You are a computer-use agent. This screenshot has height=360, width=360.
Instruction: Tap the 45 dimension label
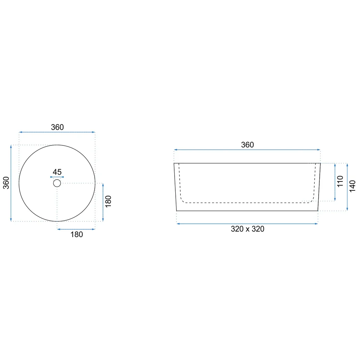57,172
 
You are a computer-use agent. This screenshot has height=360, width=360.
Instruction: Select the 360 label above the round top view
57,127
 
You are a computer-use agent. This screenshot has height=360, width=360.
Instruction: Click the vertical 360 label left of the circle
6,183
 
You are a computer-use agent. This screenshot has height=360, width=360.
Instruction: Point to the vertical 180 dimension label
108,202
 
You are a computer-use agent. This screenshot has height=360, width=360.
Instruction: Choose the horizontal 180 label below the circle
76,234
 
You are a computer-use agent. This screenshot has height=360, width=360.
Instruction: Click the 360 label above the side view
247,145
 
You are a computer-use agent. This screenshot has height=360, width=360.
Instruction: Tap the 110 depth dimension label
340,181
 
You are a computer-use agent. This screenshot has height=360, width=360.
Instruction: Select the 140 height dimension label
352,186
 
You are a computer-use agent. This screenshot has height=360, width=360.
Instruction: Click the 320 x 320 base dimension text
248,229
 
